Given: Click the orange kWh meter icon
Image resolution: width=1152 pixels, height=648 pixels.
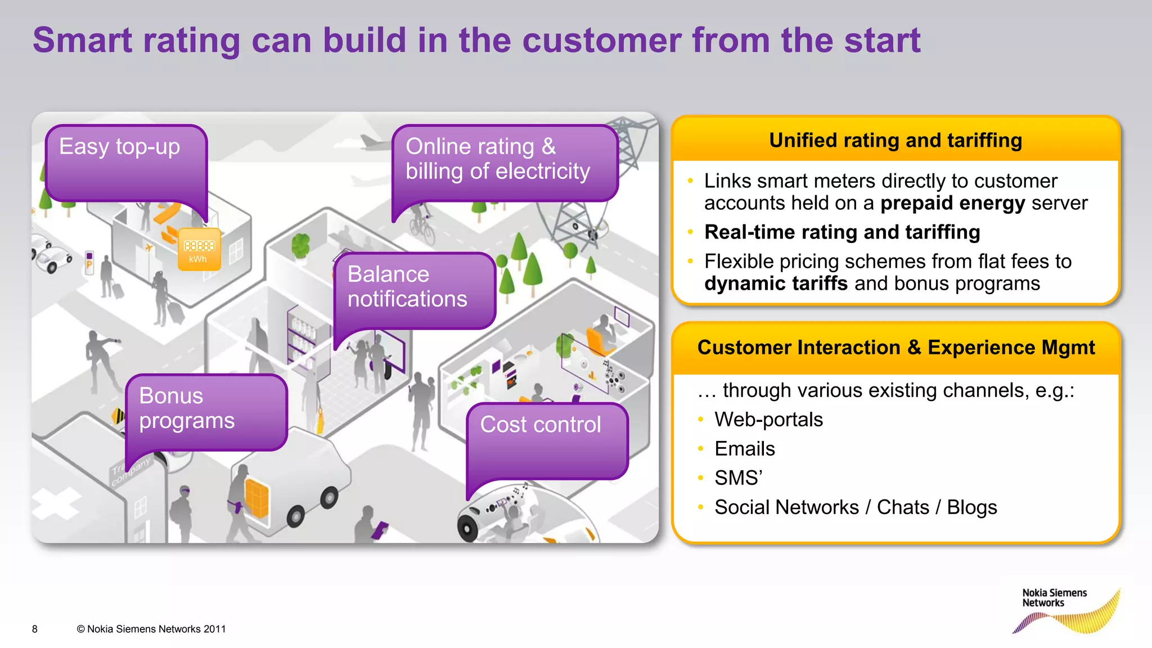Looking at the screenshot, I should tap(199, 249).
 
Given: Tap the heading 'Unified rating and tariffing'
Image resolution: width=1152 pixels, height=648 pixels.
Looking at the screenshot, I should tap(895, 140).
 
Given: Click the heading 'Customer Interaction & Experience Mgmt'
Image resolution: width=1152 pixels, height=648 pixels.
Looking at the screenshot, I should tap(895, 348).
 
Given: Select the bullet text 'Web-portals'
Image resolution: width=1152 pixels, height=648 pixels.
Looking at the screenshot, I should tap(768, 420).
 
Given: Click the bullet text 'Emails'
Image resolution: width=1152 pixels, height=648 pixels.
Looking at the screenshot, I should tap(744, 449).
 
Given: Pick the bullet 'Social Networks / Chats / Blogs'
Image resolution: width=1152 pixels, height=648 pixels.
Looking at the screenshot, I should tap(855, 507).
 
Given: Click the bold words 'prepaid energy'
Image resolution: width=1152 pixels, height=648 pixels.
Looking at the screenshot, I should tap(952, 203).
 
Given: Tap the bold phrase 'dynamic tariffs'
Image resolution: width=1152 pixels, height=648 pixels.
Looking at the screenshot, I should tap(775, 283).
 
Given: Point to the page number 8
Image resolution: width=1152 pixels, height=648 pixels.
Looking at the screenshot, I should tap(35, 629).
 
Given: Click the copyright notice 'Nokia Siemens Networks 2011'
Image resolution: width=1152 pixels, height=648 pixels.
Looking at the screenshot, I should tap(151, 629).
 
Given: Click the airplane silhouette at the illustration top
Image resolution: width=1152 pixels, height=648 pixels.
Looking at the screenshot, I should tap(374, 141).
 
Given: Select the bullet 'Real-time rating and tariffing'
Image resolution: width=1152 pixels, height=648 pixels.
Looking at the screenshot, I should tap(841, 232).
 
